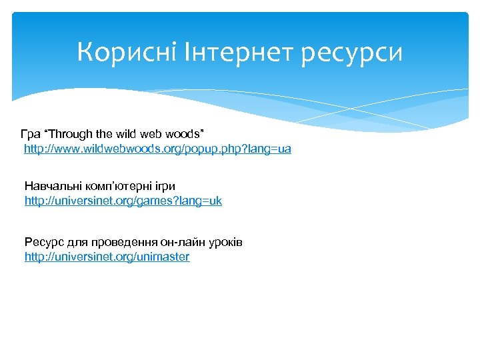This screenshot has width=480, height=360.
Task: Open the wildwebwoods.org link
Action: (157, 149)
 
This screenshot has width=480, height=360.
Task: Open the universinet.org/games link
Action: (123, 200)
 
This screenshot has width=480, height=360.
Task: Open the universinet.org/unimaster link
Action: (107, 257)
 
